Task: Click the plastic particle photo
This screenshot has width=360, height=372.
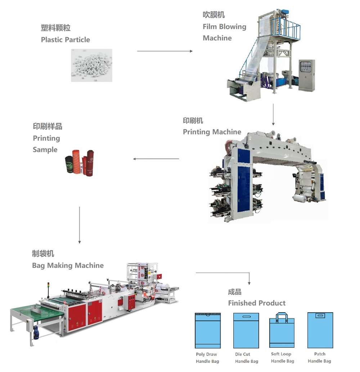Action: (x=91, y=65)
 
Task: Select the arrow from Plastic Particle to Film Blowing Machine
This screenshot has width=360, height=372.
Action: (x=165, y=51)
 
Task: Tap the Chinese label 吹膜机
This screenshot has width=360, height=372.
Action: (x=213, y=15)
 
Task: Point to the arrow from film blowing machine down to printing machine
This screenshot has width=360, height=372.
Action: (x=273, y=114)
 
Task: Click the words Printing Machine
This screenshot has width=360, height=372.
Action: (x=212, y=132)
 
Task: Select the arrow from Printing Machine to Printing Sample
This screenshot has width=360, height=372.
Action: (x=156, y=159)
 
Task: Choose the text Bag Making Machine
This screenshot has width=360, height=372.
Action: (x=68, y=266)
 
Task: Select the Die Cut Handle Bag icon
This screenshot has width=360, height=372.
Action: (x=246, y=330)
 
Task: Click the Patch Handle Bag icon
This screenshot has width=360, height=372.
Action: (x=320, y=330)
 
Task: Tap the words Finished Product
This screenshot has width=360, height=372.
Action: (x=257, y=303)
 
